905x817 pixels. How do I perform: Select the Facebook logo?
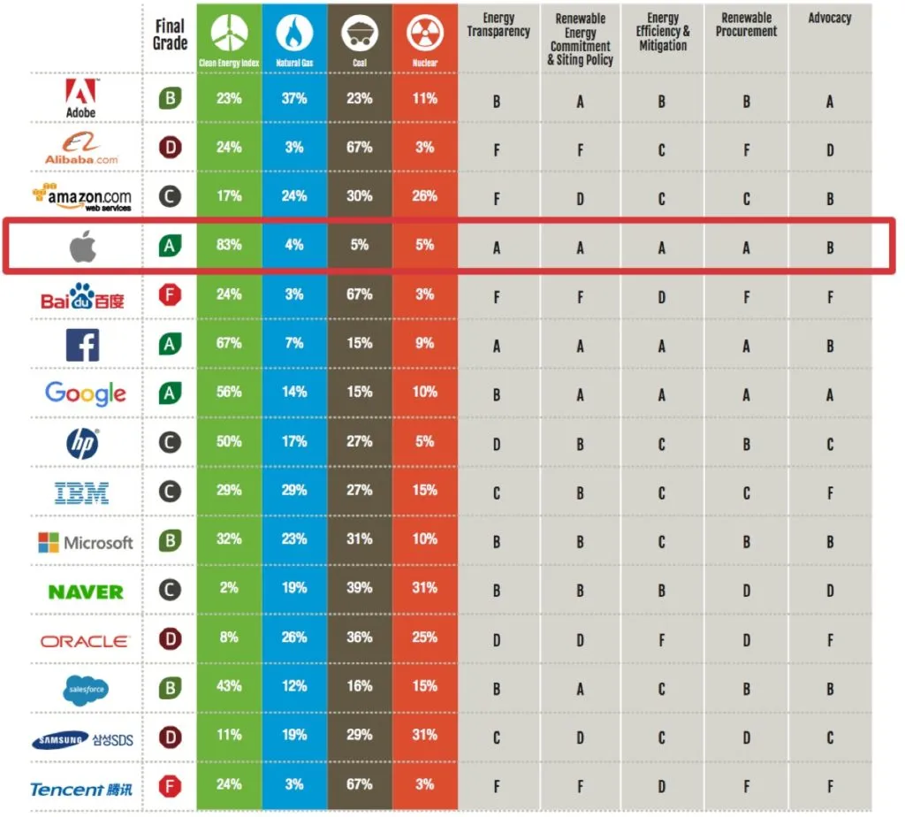point(83,344)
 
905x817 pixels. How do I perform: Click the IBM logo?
point(81,492)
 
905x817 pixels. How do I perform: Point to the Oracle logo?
point(85,641)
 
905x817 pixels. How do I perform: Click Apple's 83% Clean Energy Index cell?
point(229,245)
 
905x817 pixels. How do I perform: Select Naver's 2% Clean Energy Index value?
point(229,588)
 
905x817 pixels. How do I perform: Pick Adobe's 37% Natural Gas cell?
point(294,98)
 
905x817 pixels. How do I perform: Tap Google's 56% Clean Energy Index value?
point(229,392)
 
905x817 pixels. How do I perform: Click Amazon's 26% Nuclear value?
point(425,196)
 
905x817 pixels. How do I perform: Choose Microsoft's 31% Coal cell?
point(360,539)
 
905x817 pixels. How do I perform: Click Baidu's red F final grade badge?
point(171,294)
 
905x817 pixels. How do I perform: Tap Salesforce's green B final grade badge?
point(171,687)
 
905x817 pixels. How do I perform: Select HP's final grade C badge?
point(171,441)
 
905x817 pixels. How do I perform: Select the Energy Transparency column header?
point(498,26)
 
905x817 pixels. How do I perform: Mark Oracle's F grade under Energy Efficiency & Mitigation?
point(661,641)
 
